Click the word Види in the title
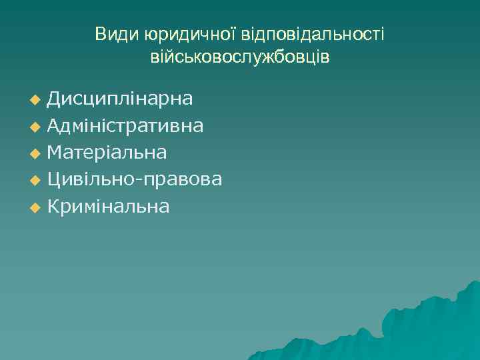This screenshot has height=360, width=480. [x=113, y=34]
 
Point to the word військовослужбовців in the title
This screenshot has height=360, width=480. [x=240, y=57]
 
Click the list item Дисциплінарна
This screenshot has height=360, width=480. [x=120, y=99]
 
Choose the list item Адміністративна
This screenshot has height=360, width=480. [x=125, y=125]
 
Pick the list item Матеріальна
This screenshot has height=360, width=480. [x=107, y=153]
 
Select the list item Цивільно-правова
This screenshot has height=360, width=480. [x=135, y=179]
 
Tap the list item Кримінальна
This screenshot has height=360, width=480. [x=108, y=207]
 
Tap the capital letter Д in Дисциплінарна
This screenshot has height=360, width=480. [x=54, y=99]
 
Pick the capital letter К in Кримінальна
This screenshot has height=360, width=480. [x=53, y=207]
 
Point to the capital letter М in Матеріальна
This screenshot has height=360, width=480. [x=55, y=153]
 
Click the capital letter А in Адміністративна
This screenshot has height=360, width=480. [x=55, y=125]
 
